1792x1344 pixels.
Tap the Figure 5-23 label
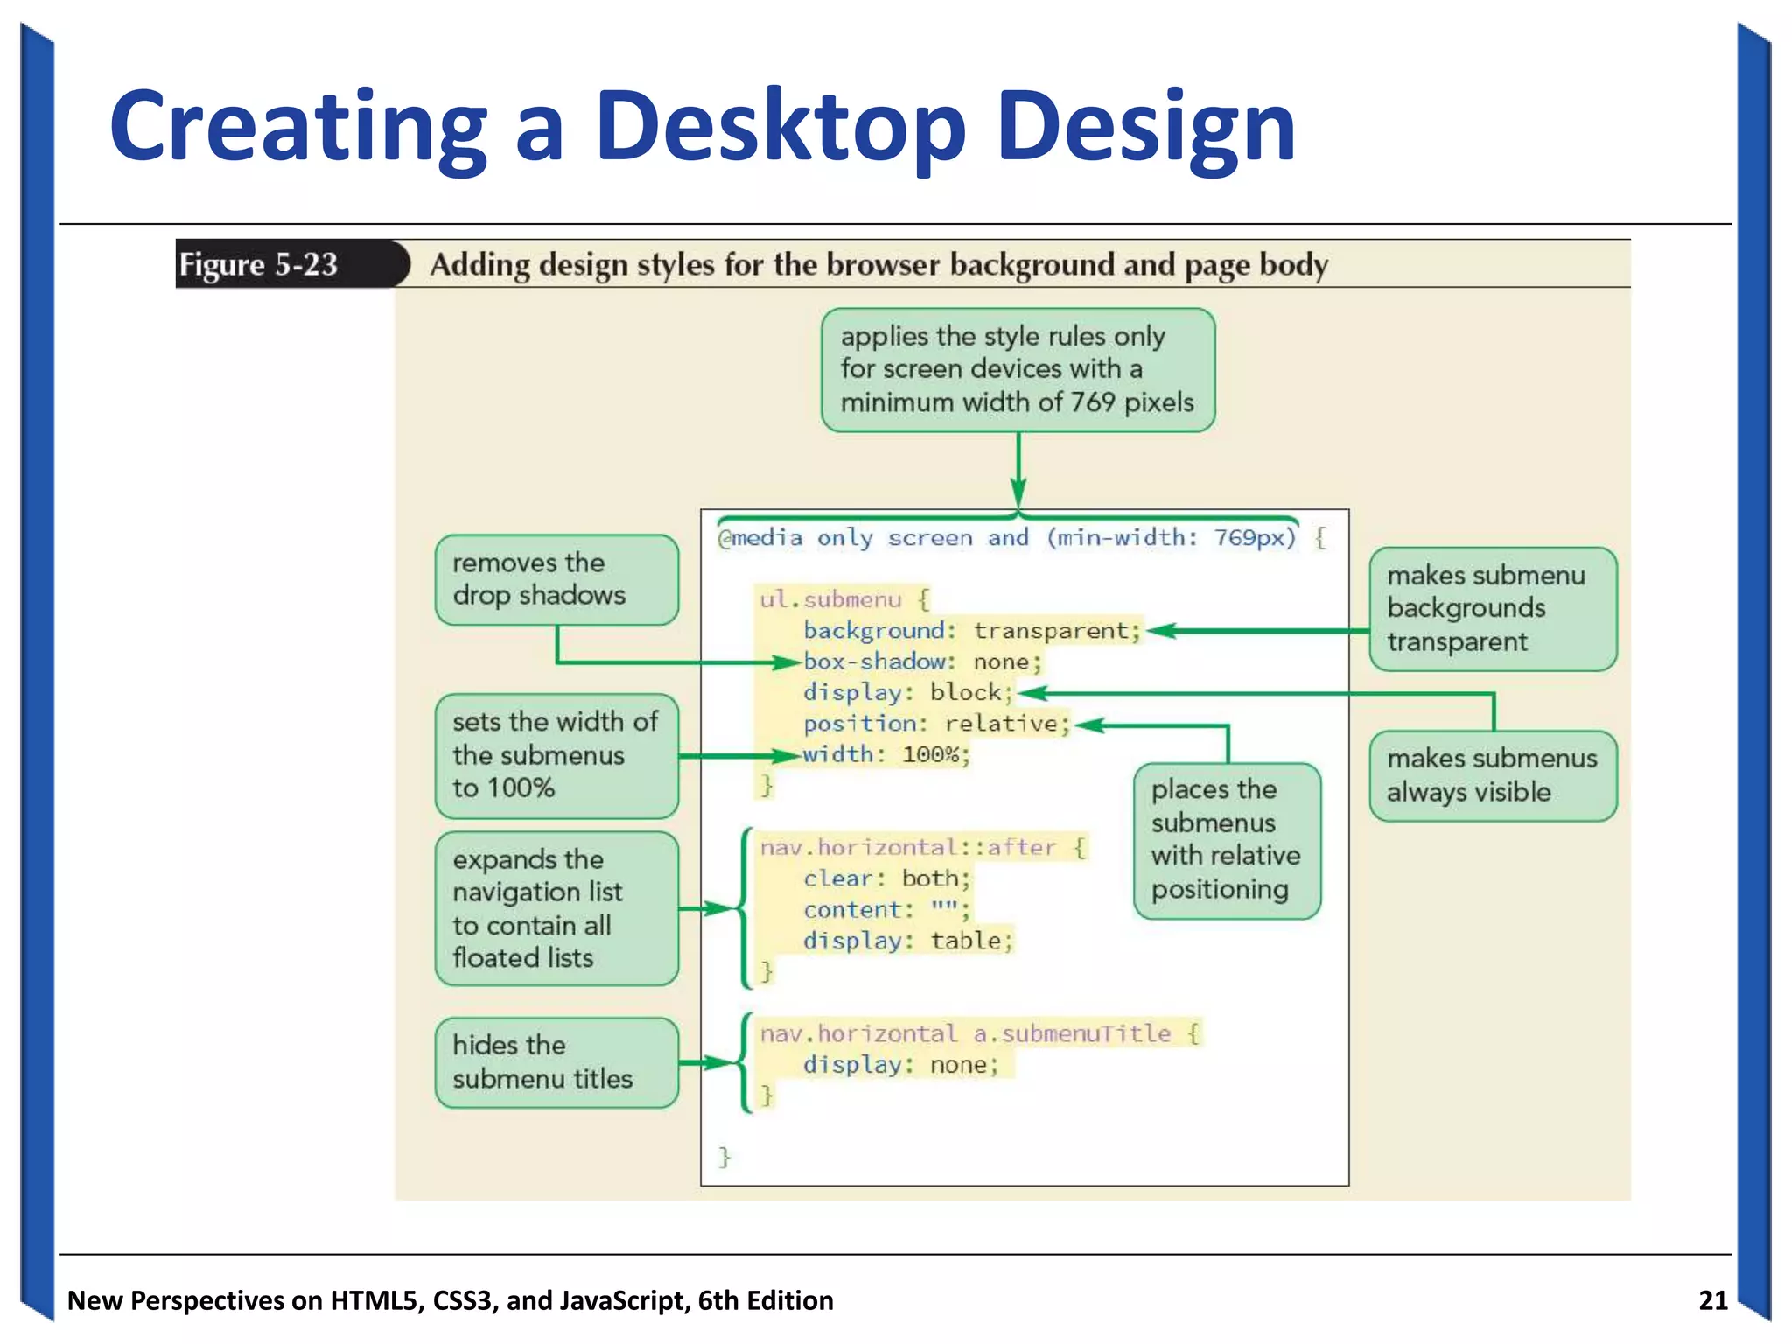click(258, 264)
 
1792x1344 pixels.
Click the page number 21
click(1712, 1300)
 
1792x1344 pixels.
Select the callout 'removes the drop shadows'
click(556, 579)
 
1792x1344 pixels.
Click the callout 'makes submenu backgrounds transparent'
click(1492, 609)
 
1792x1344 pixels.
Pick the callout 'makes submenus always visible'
click(1492, 775)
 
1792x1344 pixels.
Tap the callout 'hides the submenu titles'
click(556, 1062)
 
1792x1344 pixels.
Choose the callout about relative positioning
click(1226, 840)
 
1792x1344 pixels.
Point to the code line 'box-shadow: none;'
click(922, 661)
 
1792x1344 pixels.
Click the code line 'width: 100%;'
click(885, 754)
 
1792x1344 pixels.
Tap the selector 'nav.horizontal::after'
click(907, 847)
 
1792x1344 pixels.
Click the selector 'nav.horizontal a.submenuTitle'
click(965, 1033)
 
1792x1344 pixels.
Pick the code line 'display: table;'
click(907, 941)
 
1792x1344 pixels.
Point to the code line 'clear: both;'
click(886, 878)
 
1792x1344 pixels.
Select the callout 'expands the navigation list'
click(556, 908)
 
